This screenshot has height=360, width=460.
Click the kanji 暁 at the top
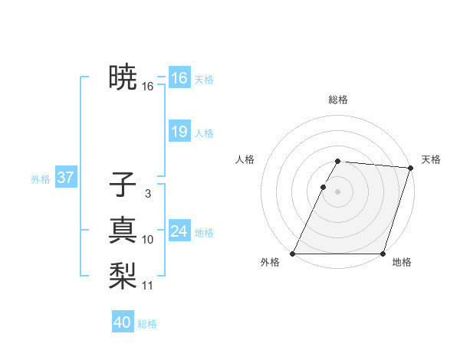click(x=123, y=77)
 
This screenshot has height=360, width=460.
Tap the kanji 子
click(x=123, y=185)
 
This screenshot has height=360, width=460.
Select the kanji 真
click(x=123, y=230)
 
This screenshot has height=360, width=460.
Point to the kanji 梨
click(x=123, y=275)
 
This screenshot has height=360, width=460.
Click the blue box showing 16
click(x=179, y=78)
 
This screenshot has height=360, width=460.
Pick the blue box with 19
click(x=179, y=132)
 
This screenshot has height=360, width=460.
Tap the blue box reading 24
click(x=179, y=231)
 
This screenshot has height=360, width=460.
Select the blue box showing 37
click(x=65, y=178)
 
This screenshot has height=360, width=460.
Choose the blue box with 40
click(x=123, y=322)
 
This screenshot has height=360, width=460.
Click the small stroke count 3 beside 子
click(x=147, y=195)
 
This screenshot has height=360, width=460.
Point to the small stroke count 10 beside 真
click(x=147, y=240)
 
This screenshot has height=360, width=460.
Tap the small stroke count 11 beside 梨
click(x=147, y=286)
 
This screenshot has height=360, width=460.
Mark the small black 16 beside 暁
click(x=147, y=87)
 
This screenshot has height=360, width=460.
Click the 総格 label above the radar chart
click(x=338, y=100)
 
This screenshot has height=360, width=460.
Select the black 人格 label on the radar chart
click(x=245, y=159)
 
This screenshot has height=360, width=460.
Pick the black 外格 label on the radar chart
click(x=270, y=263)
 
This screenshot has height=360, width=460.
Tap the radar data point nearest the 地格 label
click(x=383, y=254)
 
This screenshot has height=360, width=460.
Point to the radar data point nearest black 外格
click(x=293, y=254)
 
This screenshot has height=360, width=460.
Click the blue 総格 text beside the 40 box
click(x=147, y=324)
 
